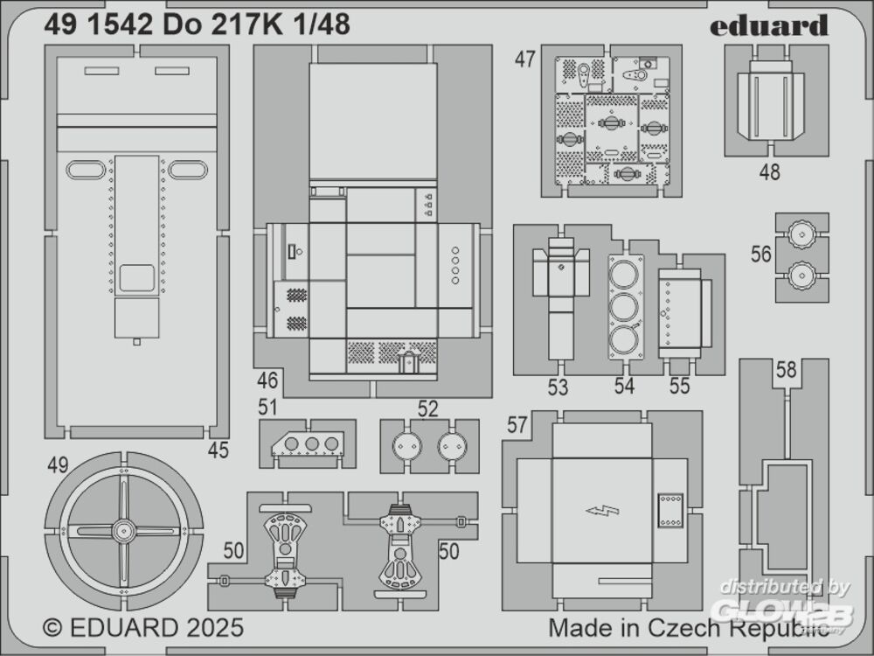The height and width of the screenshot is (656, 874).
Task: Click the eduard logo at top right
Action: click(768, 25)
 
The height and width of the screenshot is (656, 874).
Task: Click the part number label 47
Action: click(524, 59)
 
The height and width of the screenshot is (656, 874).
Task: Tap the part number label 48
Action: click(769, 171)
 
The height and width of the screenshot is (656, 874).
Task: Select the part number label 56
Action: click(761, 255)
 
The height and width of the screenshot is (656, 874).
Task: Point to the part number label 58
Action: click(786, 369)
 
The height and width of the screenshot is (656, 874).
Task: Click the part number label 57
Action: click(517, 425)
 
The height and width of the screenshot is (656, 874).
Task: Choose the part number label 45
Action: click(218, 450)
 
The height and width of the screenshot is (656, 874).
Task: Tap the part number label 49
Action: click(58, 464)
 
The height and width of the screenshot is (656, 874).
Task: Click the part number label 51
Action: click(267, 408)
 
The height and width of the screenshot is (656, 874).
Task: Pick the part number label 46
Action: click(267, 380)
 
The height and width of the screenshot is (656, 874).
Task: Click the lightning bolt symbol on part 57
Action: click(602, 510)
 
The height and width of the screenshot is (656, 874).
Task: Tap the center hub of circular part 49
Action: click(123, 531)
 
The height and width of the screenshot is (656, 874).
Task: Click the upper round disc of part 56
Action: click(801, 234)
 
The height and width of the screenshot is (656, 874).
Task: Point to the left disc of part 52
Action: click(407, 446)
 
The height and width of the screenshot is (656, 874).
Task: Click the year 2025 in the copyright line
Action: click(215, 627)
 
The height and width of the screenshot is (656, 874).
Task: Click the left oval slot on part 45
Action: click(86, 170)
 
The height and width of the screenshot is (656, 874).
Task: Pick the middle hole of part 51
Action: click(312, 444)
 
